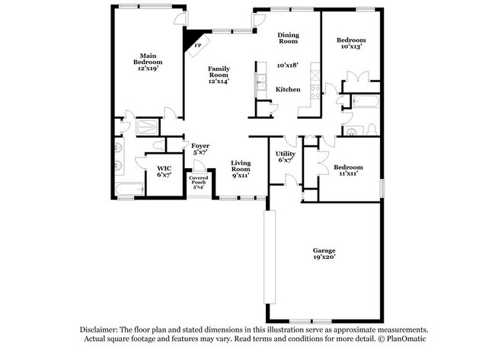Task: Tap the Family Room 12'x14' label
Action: tap(219, 75)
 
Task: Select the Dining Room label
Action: tap(288, 38)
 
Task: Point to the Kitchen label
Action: tap(288, 90)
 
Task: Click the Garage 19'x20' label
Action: tap(324, 253)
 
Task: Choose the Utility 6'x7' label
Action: tap(286, 157)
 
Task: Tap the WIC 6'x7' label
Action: tap(164, 171)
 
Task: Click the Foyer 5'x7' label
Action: tap(200, 148)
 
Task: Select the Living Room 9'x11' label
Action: tap(241, 168)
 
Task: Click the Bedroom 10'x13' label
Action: tap(351, 43)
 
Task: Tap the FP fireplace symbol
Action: tap(198, 44)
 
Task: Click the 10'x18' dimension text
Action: tap(287, 65)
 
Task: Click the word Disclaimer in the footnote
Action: tap(100, 330)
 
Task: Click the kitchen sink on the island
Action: tap(260, 81)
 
